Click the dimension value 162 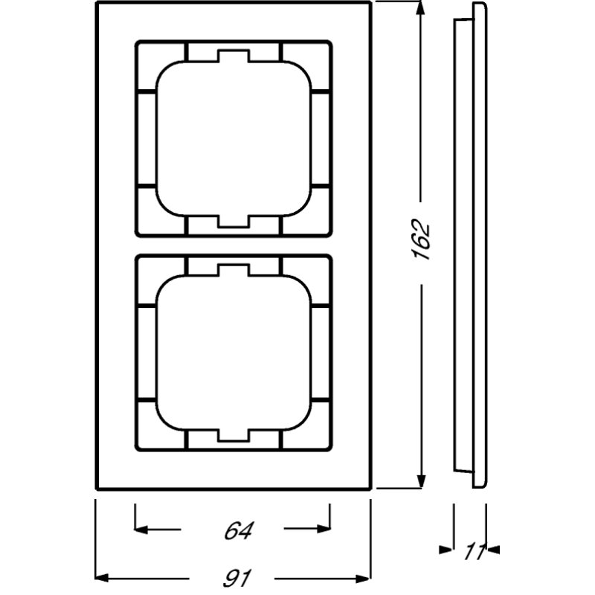422,239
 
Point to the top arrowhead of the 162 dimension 422,10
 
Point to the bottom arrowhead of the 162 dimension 422,480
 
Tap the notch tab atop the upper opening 232,57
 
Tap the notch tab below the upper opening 232,221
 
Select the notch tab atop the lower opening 232,271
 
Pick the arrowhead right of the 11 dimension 492,550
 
